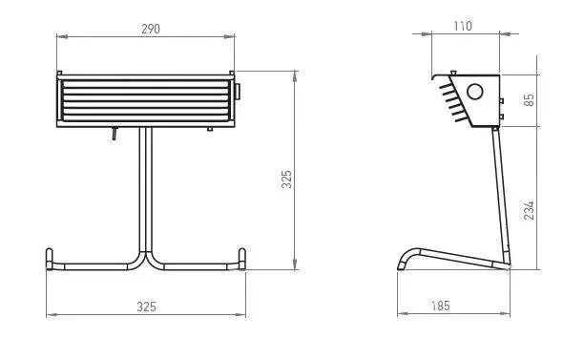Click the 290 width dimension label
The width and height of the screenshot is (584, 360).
(151, 29)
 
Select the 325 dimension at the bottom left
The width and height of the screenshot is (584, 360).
(146, 307)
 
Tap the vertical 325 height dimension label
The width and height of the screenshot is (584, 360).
(286, 180)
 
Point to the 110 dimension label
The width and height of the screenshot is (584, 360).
(463, 26)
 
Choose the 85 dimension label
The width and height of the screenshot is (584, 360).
(529, 100)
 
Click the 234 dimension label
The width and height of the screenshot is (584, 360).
(529, 211)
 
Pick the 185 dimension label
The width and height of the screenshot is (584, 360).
(441, 306)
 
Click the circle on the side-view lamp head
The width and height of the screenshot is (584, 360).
(475, 92)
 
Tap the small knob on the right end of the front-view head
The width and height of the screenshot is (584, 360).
(238, 92)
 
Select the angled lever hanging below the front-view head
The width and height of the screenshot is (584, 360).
(115, 134)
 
